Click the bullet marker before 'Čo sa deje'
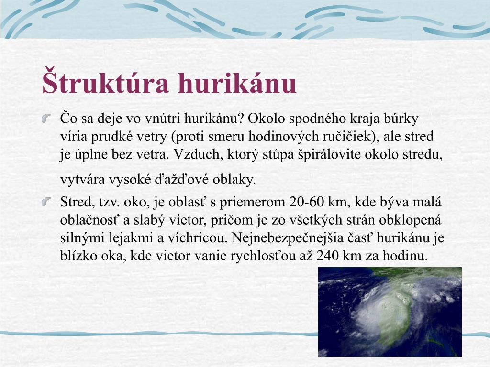46,119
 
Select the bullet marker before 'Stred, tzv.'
46,202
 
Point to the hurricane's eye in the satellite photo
385,307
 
